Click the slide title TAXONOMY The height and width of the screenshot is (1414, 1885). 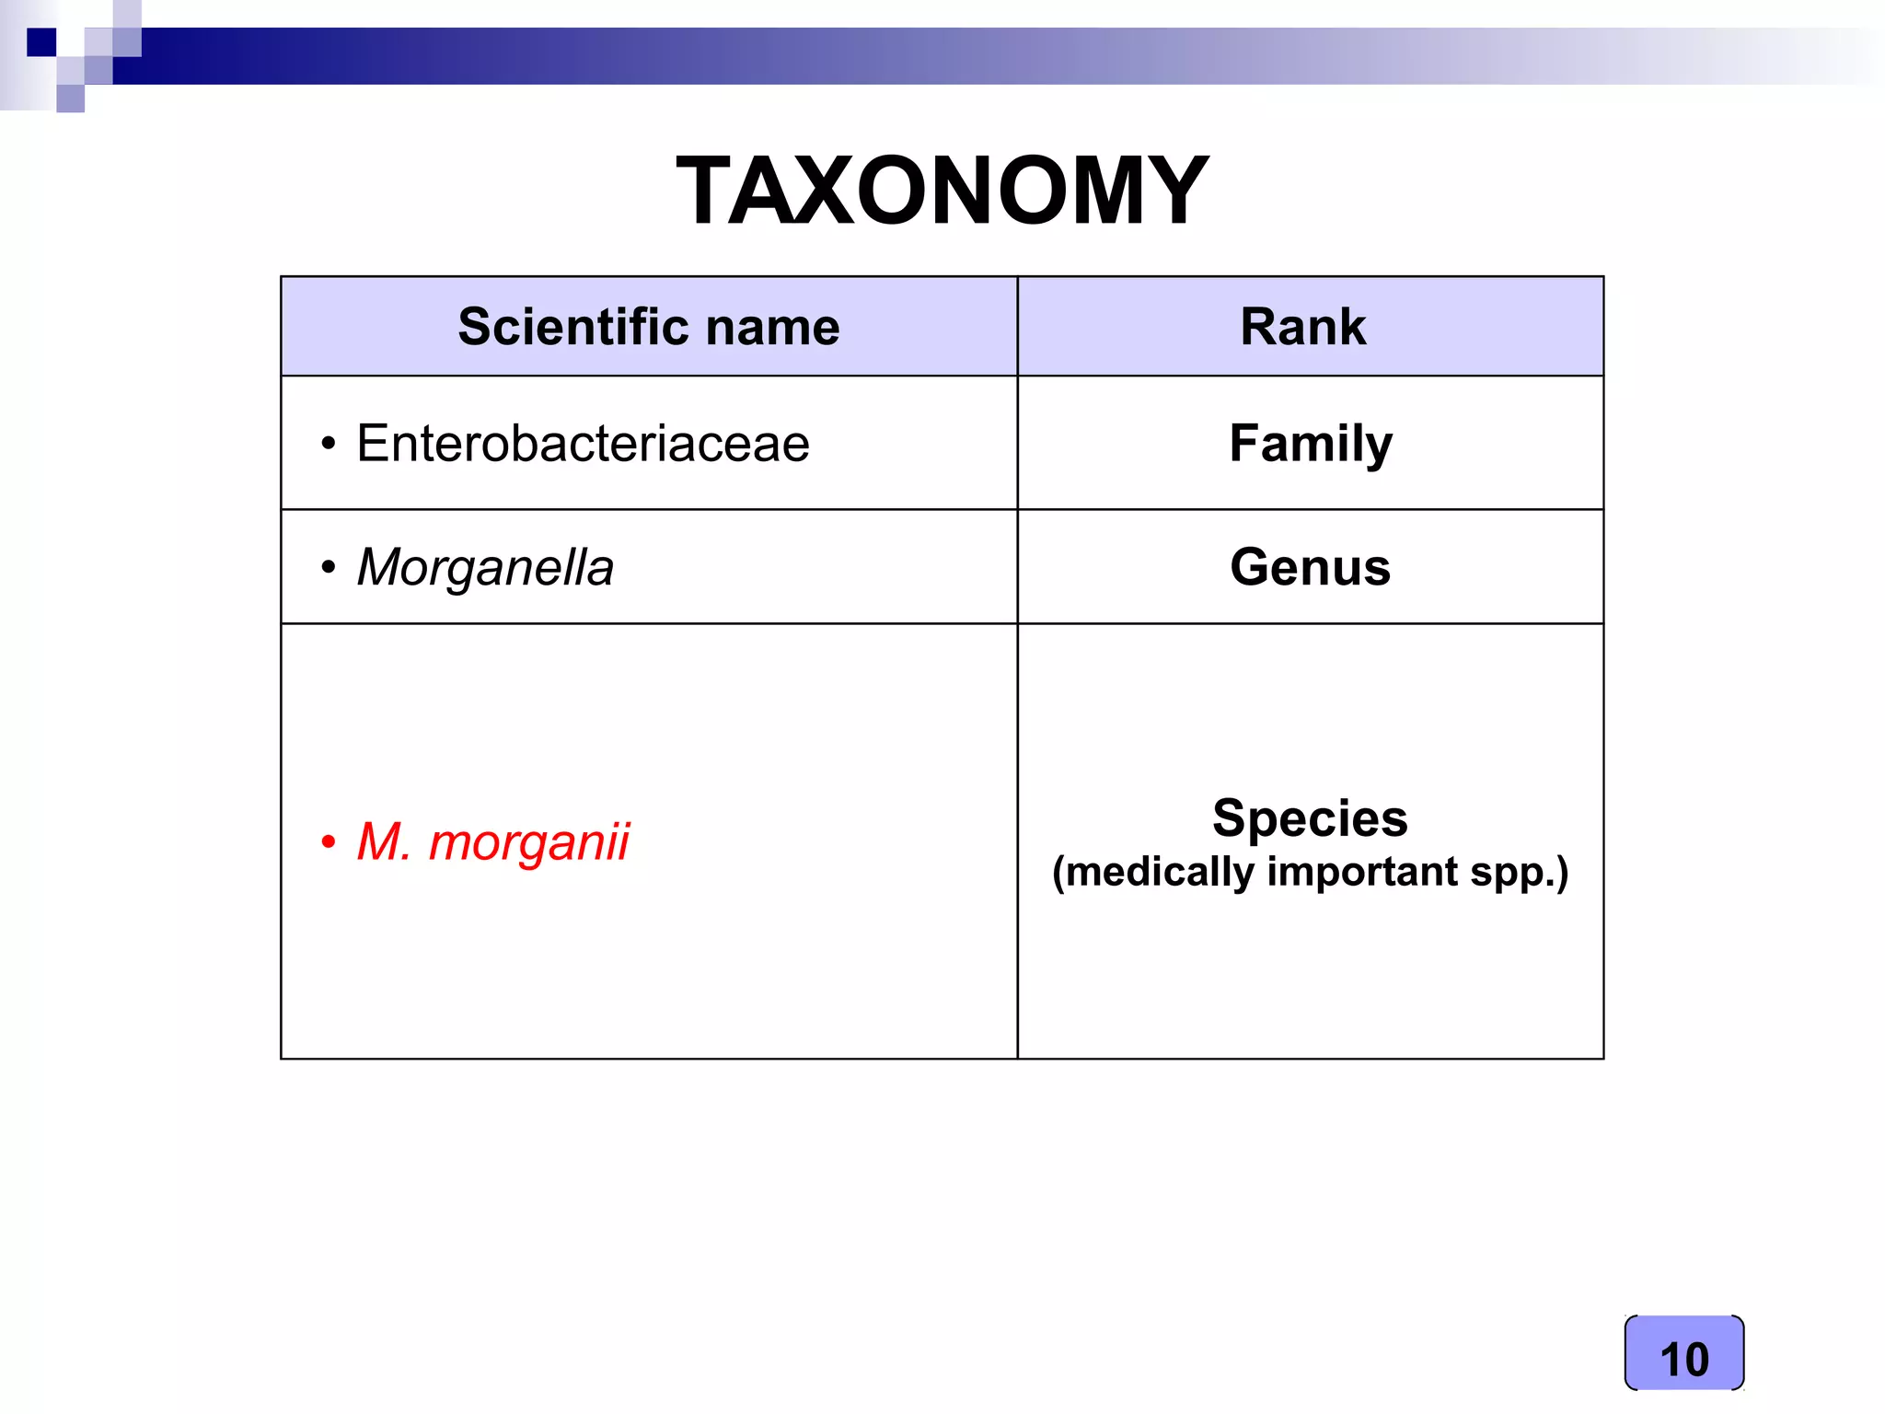(x=942, y=191)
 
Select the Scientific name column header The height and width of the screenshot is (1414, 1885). (x=649, y=327)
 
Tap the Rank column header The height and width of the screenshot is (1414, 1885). (x=1302, y=327)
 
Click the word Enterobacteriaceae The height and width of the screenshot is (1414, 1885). (x=583, y=444)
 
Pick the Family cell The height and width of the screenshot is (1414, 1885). (x=1310, y=444)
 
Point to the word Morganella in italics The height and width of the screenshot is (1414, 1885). (x=485, y=567)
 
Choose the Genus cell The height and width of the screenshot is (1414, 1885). (x=1310, y=567)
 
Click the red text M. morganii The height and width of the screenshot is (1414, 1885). (x=492, y=841)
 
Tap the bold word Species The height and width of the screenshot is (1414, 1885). (x=1310, y=817)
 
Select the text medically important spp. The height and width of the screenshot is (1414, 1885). (x=1310, y=872)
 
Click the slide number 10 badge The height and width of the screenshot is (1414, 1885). (x=1683, y=1358)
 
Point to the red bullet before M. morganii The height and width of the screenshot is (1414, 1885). (x=329, y=841)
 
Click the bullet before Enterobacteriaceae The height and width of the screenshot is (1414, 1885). (x=329, y=445)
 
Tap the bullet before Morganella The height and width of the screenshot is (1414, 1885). (x=329, y=567)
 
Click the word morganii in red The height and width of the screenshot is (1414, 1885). (x=529, y=841)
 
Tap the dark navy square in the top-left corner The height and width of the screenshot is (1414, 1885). (x=41, y=42)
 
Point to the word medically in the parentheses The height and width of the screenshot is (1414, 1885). (x=1160, y=872)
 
